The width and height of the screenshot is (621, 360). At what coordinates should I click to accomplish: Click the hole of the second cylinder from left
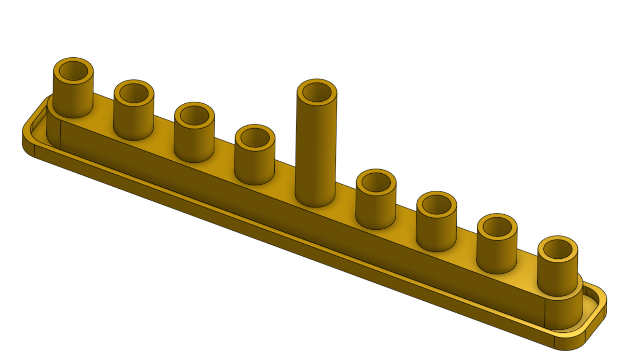point(134,93)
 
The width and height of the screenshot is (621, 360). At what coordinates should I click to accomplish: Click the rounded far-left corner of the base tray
point(27,138)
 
